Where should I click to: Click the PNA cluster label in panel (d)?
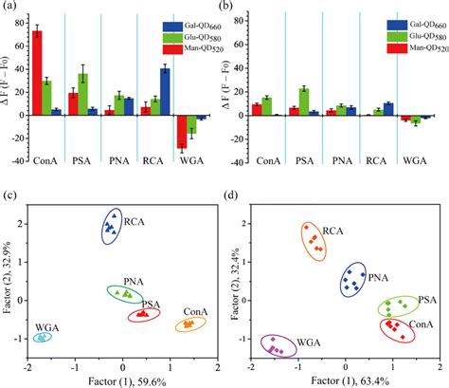[x=377, y=278]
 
